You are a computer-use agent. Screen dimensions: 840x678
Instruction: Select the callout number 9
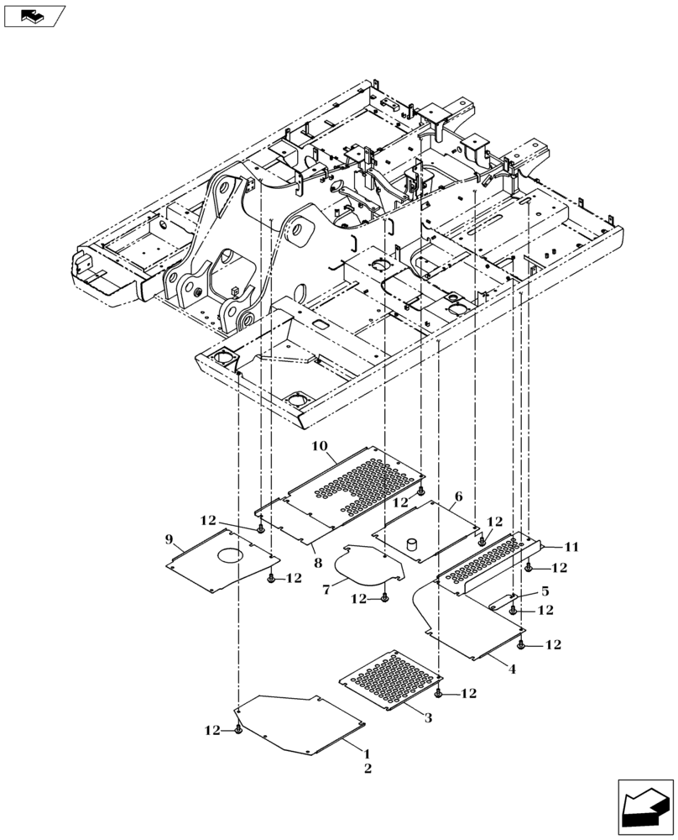tap(169, 538)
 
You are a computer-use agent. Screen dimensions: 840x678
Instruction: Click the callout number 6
tap(458, 496)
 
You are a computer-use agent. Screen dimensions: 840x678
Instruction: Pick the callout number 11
tap(571, 547)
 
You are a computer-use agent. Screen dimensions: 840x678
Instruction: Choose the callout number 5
tap(544, 591)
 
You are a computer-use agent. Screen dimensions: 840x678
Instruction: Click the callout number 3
tap(427, 718)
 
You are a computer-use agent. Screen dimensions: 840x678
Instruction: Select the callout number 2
tap(367, 768)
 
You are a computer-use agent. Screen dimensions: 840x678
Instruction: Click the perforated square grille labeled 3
tap(389, 677)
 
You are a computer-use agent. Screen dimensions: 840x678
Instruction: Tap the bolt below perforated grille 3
tap(439, 693)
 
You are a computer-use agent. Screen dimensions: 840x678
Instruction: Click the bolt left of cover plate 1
tap(239, 732)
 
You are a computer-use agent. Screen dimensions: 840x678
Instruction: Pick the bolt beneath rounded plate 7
tap(384, 598)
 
